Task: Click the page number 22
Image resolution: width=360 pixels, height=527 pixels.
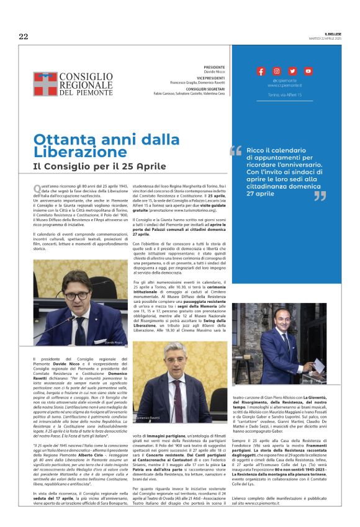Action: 23,37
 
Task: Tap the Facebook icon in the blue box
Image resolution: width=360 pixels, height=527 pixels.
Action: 261,71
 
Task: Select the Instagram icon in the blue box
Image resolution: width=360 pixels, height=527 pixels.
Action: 277,71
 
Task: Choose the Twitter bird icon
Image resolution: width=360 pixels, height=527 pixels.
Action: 292,71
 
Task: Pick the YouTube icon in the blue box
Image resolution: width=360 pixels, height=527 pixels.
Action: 308,71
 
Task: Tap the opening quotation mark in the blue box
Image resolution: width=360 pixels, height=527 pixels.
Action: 236,150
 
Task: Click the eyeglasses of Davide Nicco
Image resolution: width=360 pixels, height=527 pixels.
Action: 76,295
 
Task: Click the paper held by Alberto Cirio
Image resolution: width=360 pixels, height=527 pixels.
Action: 319,365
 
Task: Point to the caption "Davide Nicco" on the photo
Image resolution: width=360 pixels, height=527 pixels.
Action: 114,341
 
